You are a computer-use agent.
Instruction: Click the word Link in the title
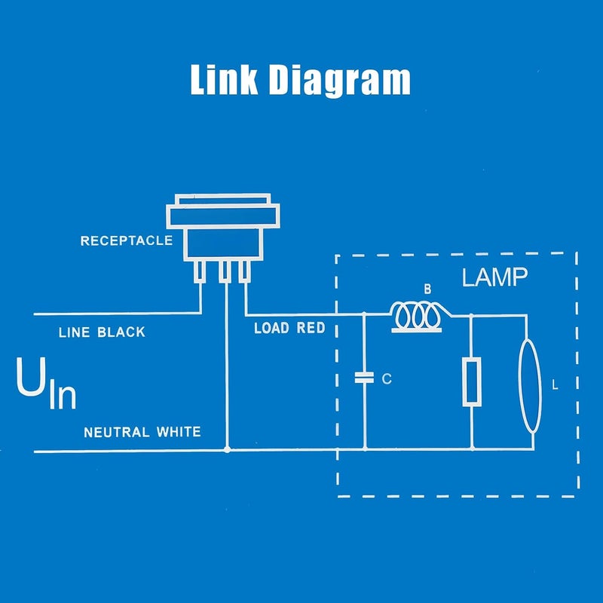(224, 79)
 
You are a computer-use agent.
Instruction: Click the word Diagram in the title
(340, 81)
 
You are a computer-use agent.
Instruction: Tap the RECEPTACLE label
(127, 240)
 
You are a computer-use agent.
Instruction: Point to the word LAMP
(494, 277)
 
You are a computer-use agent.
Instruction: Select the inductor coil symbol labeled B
(418, 317)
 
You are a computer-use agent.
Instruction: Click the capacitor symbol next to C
(364, 378)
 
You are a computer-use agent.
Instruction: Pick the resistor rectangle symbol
(472, 381)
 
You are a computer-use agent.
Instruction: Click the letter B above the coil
(427, 289)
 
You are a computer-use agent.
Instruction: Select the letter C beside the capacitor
(387, 379)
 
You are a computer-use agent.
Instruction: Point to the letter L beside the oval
(555, 385)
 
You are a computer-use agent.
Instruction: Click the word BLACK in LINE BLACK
(121, 332)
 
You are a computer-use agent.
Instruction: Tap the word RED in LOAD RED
(311, 328)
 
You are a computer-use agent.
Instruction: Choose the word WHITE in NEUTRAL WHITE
(179, 432)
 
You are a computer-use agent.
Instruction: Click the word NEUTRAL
(117, 433)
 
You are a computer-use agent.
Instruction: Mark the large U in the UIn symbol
(31, 377)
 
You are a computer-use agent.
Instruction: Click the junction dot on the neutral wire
(228, 449)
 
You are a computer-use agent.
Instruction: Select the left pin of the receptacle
(200, 271)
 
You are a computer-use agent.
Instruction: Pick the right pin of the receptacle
(244, 271)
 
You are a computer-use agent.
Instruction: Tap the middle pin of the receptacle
(225, 271)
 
